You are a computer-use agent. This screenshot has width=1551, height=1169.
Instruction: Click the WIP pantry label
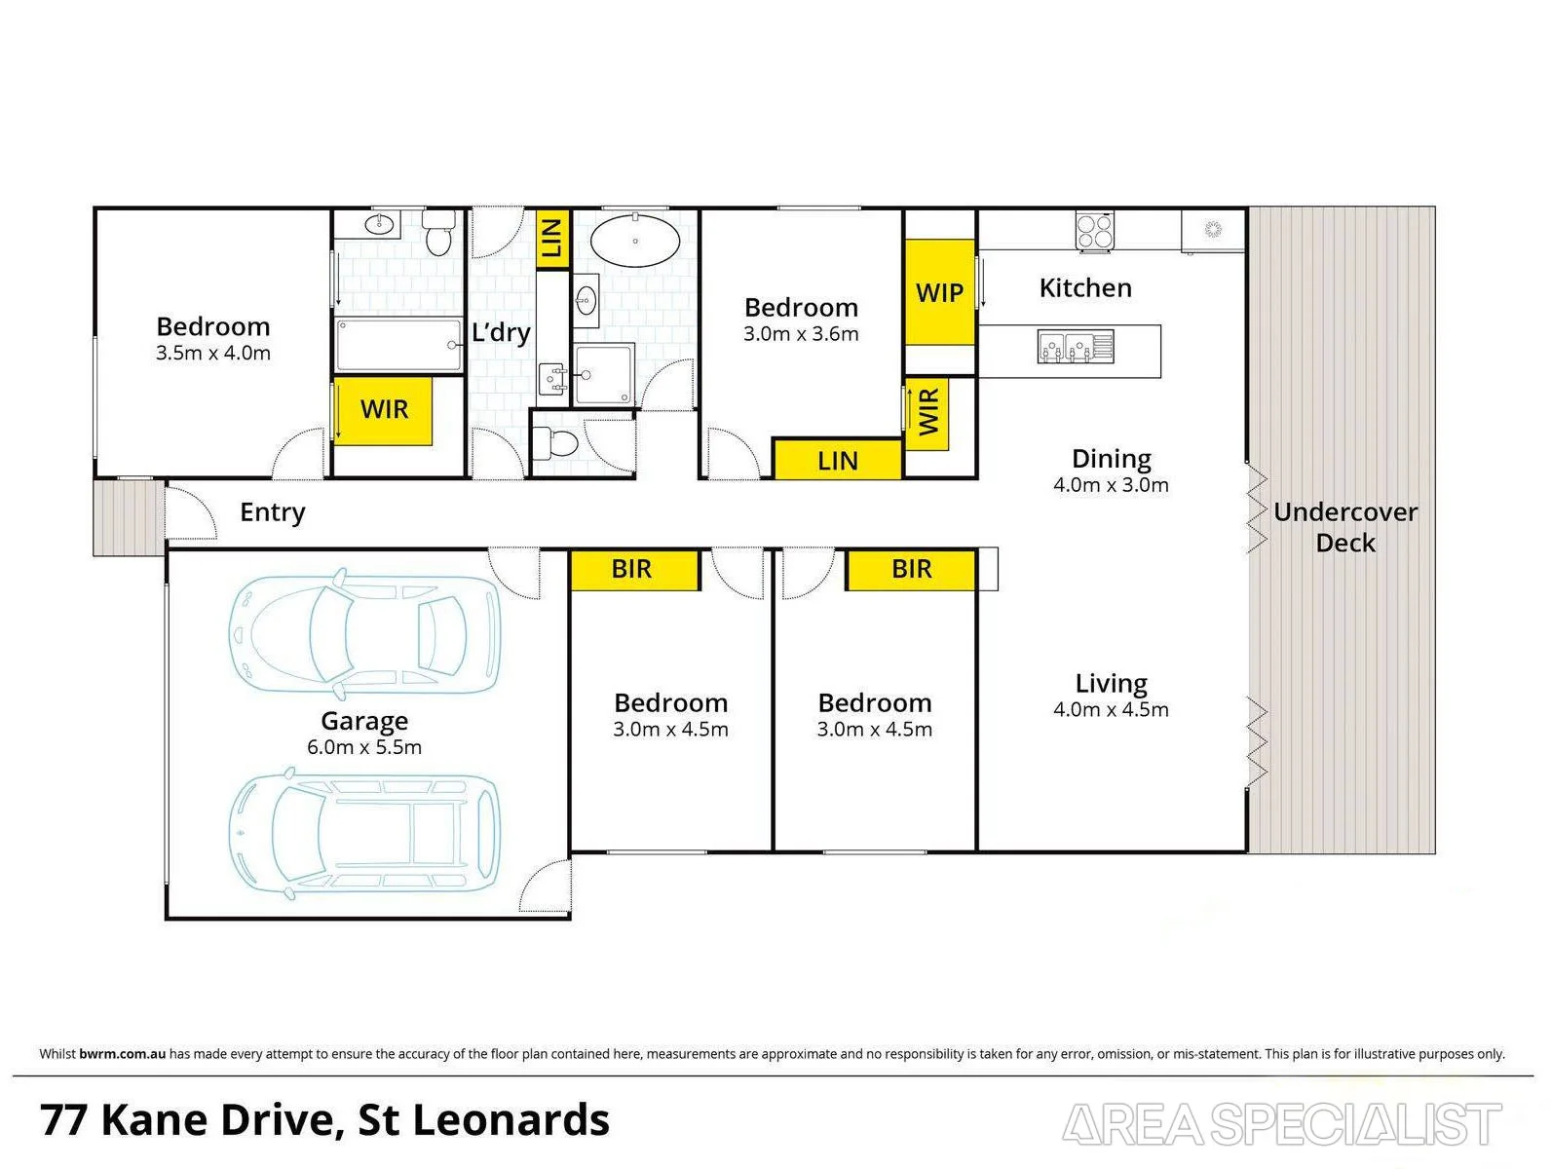tap(939, 292)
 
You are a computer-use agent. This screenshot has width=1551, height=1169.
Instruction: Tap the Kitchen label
tap(1085, 288)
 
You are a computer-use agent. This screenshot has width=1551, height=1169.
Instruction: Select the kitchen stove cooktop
tap(1094, 230)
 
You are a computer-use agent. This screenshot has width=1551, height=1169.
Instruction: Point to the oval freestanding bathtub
tap(635, 241)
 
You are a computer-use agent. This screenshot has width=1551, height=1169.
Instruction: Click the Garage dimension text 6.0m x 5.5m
tap(364, 747)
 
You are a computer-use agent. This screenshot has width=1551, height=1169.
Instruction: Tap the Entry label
tap(273, 512)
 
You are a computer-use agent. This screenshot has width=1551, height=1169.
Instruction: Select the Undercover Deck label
tap(1344, 527)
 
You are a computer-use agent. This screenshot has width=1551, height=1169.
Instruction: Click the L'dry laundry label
tap(501, 332)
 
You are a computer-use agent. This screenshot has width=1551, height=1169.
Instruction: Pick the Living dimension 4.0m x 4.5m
tap(1111, 709)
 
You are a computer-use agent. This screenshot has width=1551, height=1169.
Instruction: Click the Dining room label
tap(1112, 459)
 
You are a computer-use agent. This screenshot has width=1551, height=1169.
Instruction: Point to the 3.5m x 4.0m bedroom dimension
tap(212, 353)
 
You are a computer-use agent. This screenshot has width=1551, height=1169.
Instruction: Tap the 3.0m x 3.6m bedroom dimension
tap(801, 333)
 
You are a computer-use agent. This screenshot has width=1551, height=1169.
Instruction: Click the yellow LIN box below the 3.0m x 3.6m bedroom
tap(838, 460)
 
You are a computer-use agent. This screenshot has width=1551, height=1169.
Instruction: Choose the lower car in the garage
tap(364, 834)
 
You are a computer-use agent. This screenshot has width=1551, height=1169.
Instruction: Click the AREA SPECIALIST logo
tap(1282, 1124)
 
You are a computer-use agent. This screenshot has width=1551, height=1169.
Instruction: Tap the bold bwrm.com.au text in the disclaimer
tap(122, 1054)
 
